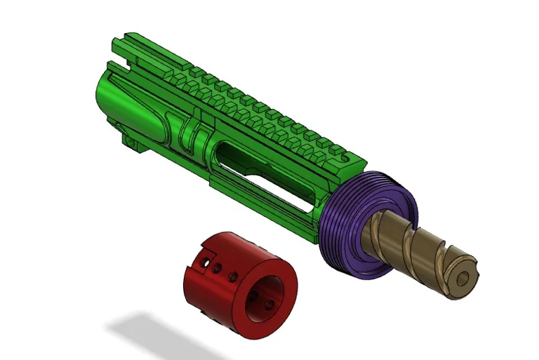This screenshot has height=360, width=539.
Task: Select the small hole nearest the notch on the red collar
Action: click(204, 260)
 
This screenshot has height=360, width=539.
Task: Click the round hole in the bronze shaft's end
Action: click(461, 279)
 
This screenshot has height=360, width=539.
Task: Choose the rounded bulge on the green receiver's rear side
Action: click(151, 116)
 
